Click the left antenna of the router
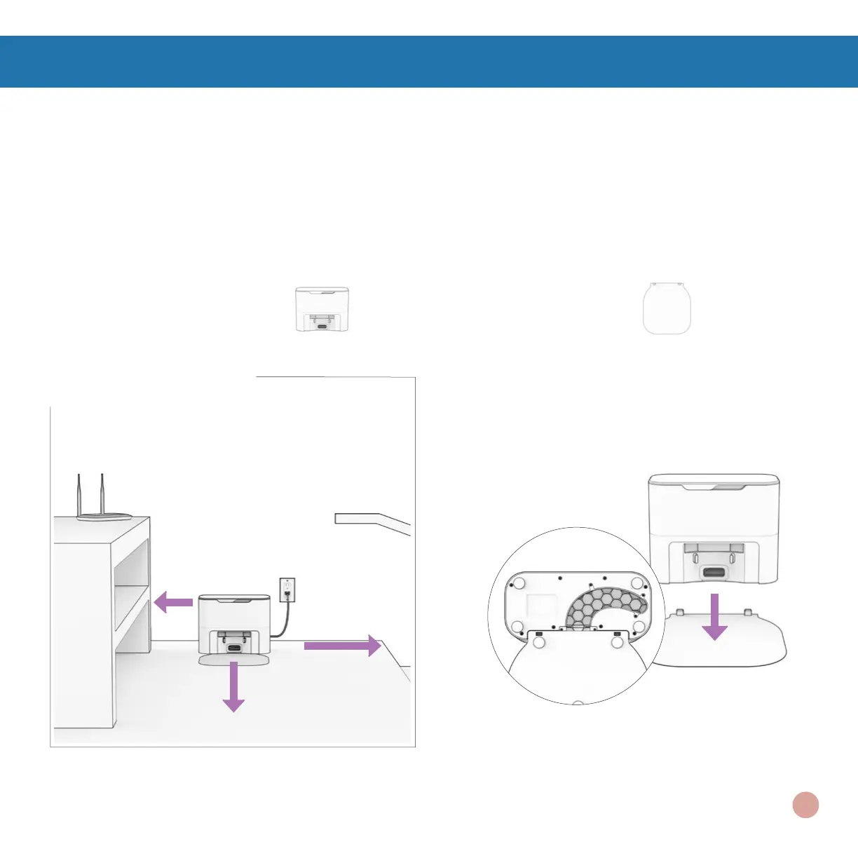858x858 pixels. [x=78, y=495]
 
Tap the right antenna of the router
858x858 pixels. [x=102, y=495]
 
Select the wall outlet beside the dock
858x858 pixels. [x=287, y=590]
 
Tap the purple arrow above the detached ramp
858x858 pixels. [x=714, y=617]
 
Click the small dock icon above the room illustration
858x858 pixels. [x=322, y=308]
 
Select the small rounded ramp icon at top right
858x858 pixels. [x=667, y=308]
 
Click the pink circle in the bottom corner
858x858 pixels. [x=806, y=805]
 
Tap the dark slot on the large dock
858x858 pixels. [x=713, y=573]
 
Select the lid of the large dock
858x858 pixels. [x=714, y=482]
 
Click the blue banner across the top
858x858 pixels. [x=429, y=62]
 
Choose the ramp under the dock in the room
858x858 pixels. [x=234, y=660]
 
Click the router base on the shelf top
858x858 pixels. [x=104, y=517]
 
